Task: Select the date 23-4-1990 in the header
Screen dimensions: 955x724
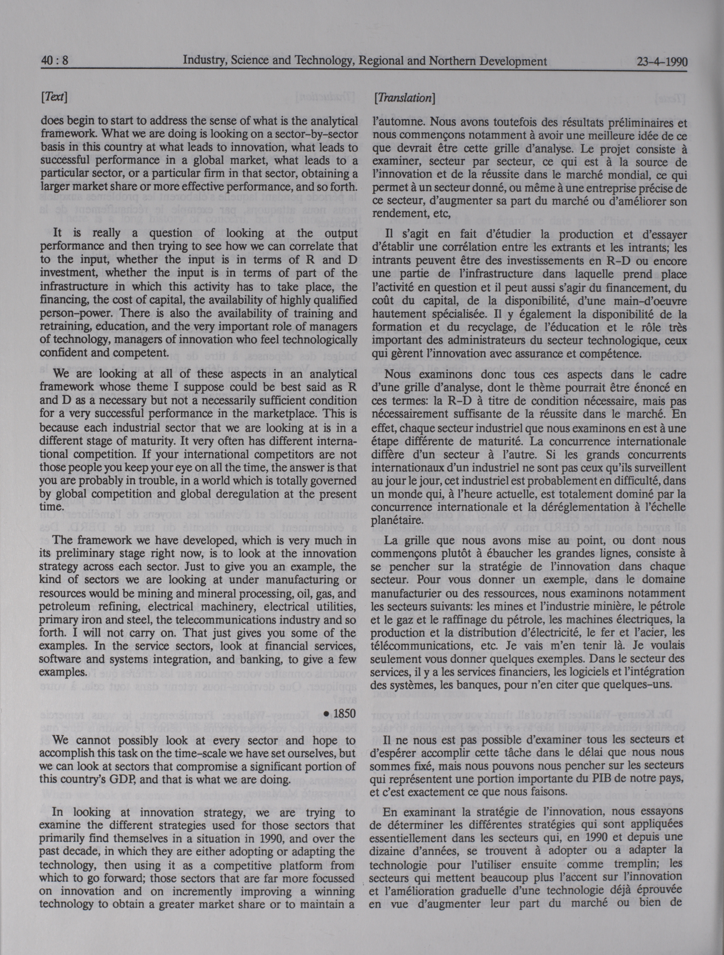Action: tap(661, 62)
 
